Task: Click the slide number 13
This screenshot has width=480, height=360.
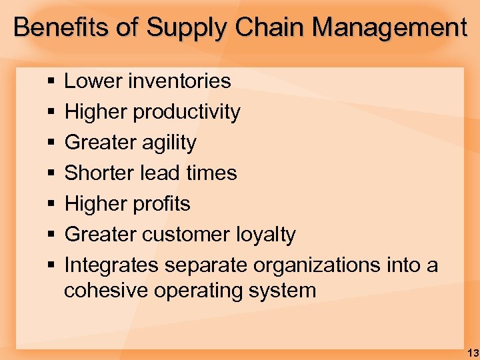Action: click(473, 351)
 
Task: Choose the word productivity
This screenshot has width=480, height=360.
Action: click(187, 112)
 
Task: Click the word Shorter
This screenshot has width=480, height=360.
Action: click(99, 173)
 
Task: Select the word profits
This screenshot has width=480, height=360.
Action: click(162, 203)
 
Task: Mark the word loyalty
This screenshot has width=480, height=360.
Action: click(266, 234)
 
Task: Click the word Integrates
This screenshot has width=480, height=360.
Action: click(111, 265)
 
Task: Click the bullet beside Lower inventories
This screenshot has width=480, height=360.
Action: click(51, 82)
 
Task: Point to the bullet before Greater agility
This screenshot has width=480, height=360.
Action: click(51, 143)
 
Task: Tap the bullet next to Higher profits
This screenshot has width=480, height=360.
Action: click(51, 204)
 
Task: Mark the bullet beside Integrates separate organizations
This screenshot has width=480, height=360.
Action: click(51, 265)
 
